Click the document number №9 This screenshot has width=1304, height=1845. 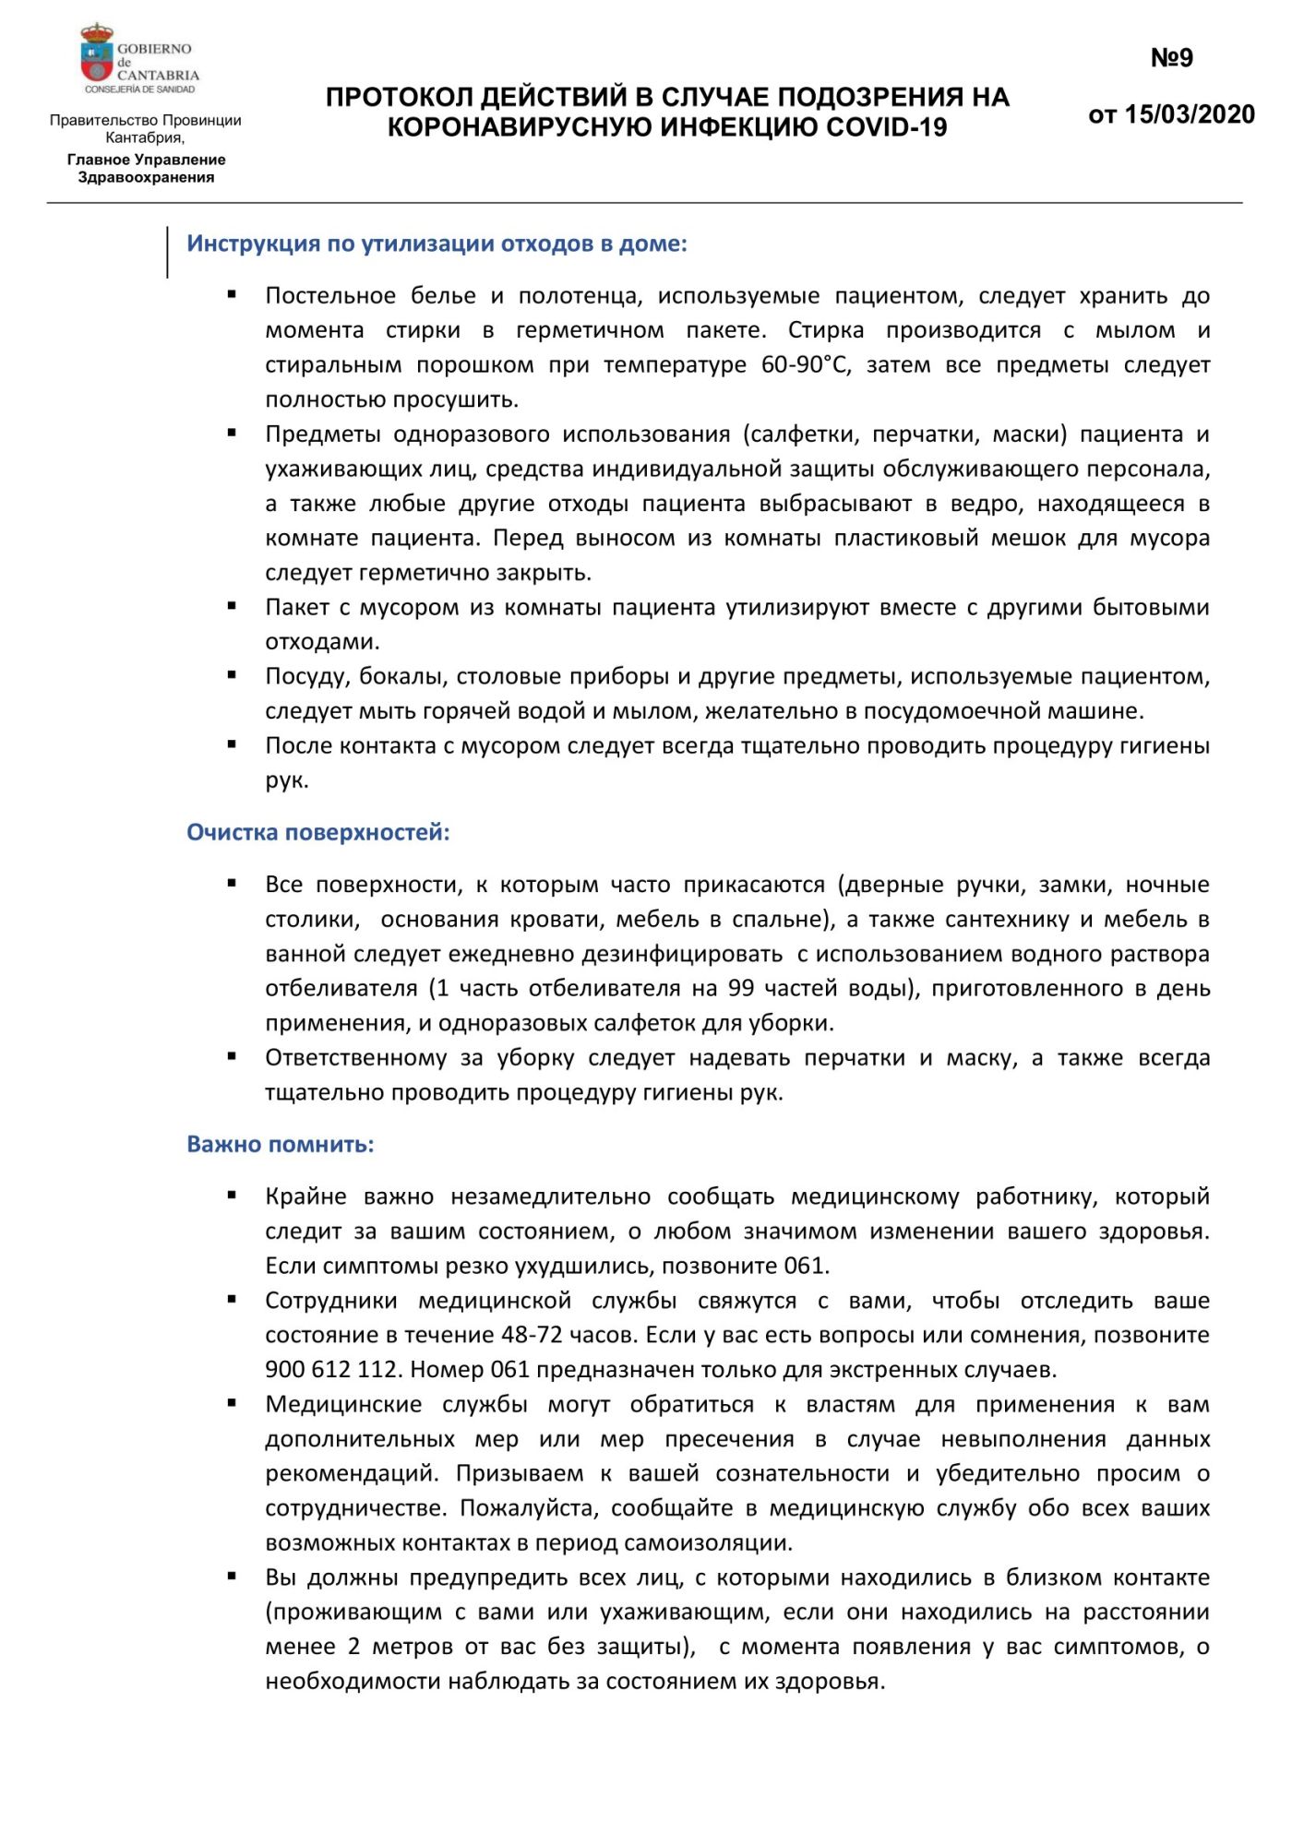coord(1171,58)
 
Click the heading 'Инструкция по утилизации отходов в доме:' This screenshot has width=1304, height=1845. coord(437,244)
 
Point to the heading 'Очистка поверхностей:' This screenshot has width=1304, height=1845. coord(318,832)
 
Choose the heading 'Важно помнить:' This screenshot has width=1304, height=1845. coord(281,1144)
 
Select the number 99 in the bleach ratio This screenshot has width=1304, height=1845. coord(741,988)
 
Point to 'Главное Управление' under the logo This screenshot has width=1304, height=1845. coord(146,160)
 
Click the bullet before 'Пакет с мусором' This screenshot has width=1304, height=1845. coord(233,606)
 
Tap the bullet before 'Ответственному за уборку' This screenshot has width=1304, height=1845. coord(233,1056)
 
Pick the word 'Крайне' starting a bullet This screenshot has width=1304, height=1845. coord(305,1196)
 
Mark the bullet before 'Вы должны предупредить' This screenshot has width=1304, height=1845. coord(233,1577)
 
